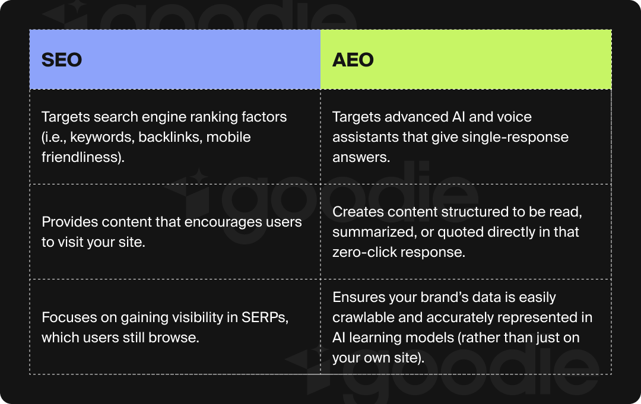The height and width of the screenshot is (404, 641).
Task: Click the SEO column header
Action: tap(62, 60)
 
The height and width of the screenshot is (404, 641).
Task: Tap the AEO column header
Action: tap(353, 60)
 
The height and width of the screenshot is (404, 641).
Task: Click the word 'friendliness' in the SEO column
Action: tap(81, 158)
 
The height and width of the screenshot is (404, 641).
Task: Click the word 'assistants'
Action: tap(361, 138)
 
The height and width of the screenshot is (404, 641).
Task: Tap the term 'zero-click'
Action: tap(363, 253)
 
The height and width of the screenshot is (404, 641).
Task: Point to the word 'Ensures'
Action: tap(357, 297)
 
